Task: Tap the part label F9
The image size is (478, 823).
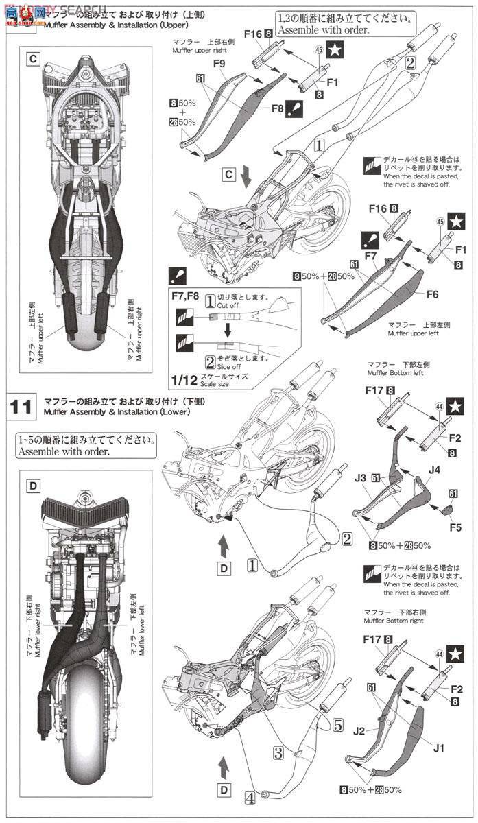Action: (x=220, y=63)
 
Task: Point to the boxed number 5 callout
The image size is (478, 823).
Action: (x=337, y=724)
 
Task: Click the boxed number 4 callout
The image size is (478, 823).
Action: (x=250, y=797)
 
